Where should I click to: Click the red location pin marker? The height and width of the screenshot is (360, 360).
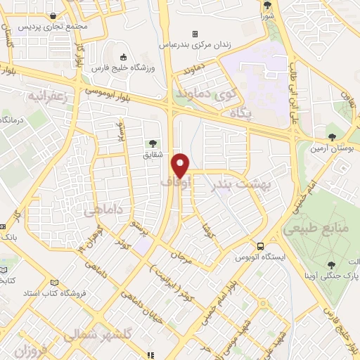181,165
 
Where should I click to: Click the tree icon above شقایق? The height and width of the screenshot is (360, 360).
154,144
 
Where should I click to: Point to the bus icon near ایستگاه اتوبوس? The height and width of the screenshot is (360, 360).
261,246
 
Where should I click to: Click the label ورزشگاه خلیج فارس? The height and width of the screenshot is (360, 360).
123,68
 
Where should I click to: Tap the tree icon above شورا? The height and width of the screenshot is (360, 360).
268,5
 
